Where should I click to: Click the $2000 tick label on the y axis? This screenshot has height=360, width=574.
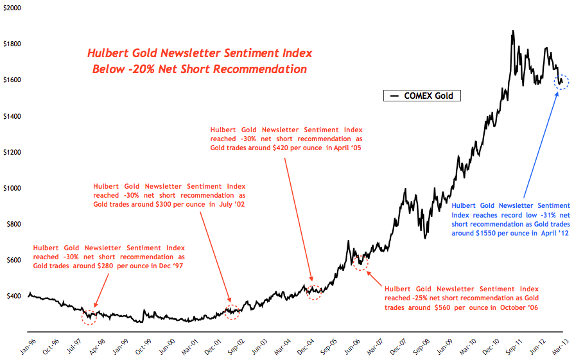click(x=12, y=8)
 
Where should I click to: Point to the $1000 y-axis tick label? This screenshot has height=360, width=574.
click(x=12, y=188)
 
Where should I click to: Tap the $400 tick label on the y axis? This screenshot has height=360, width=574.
click(x=13, y=296)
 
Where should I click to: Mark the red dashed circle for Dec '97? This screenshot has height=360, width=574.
click(x=91, y=315)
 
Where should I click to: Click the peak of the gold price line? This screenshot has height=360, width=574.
click(x=512, y=31)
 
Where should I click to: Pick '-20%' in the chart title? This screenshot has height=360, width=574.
click(x=143, y=69)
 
